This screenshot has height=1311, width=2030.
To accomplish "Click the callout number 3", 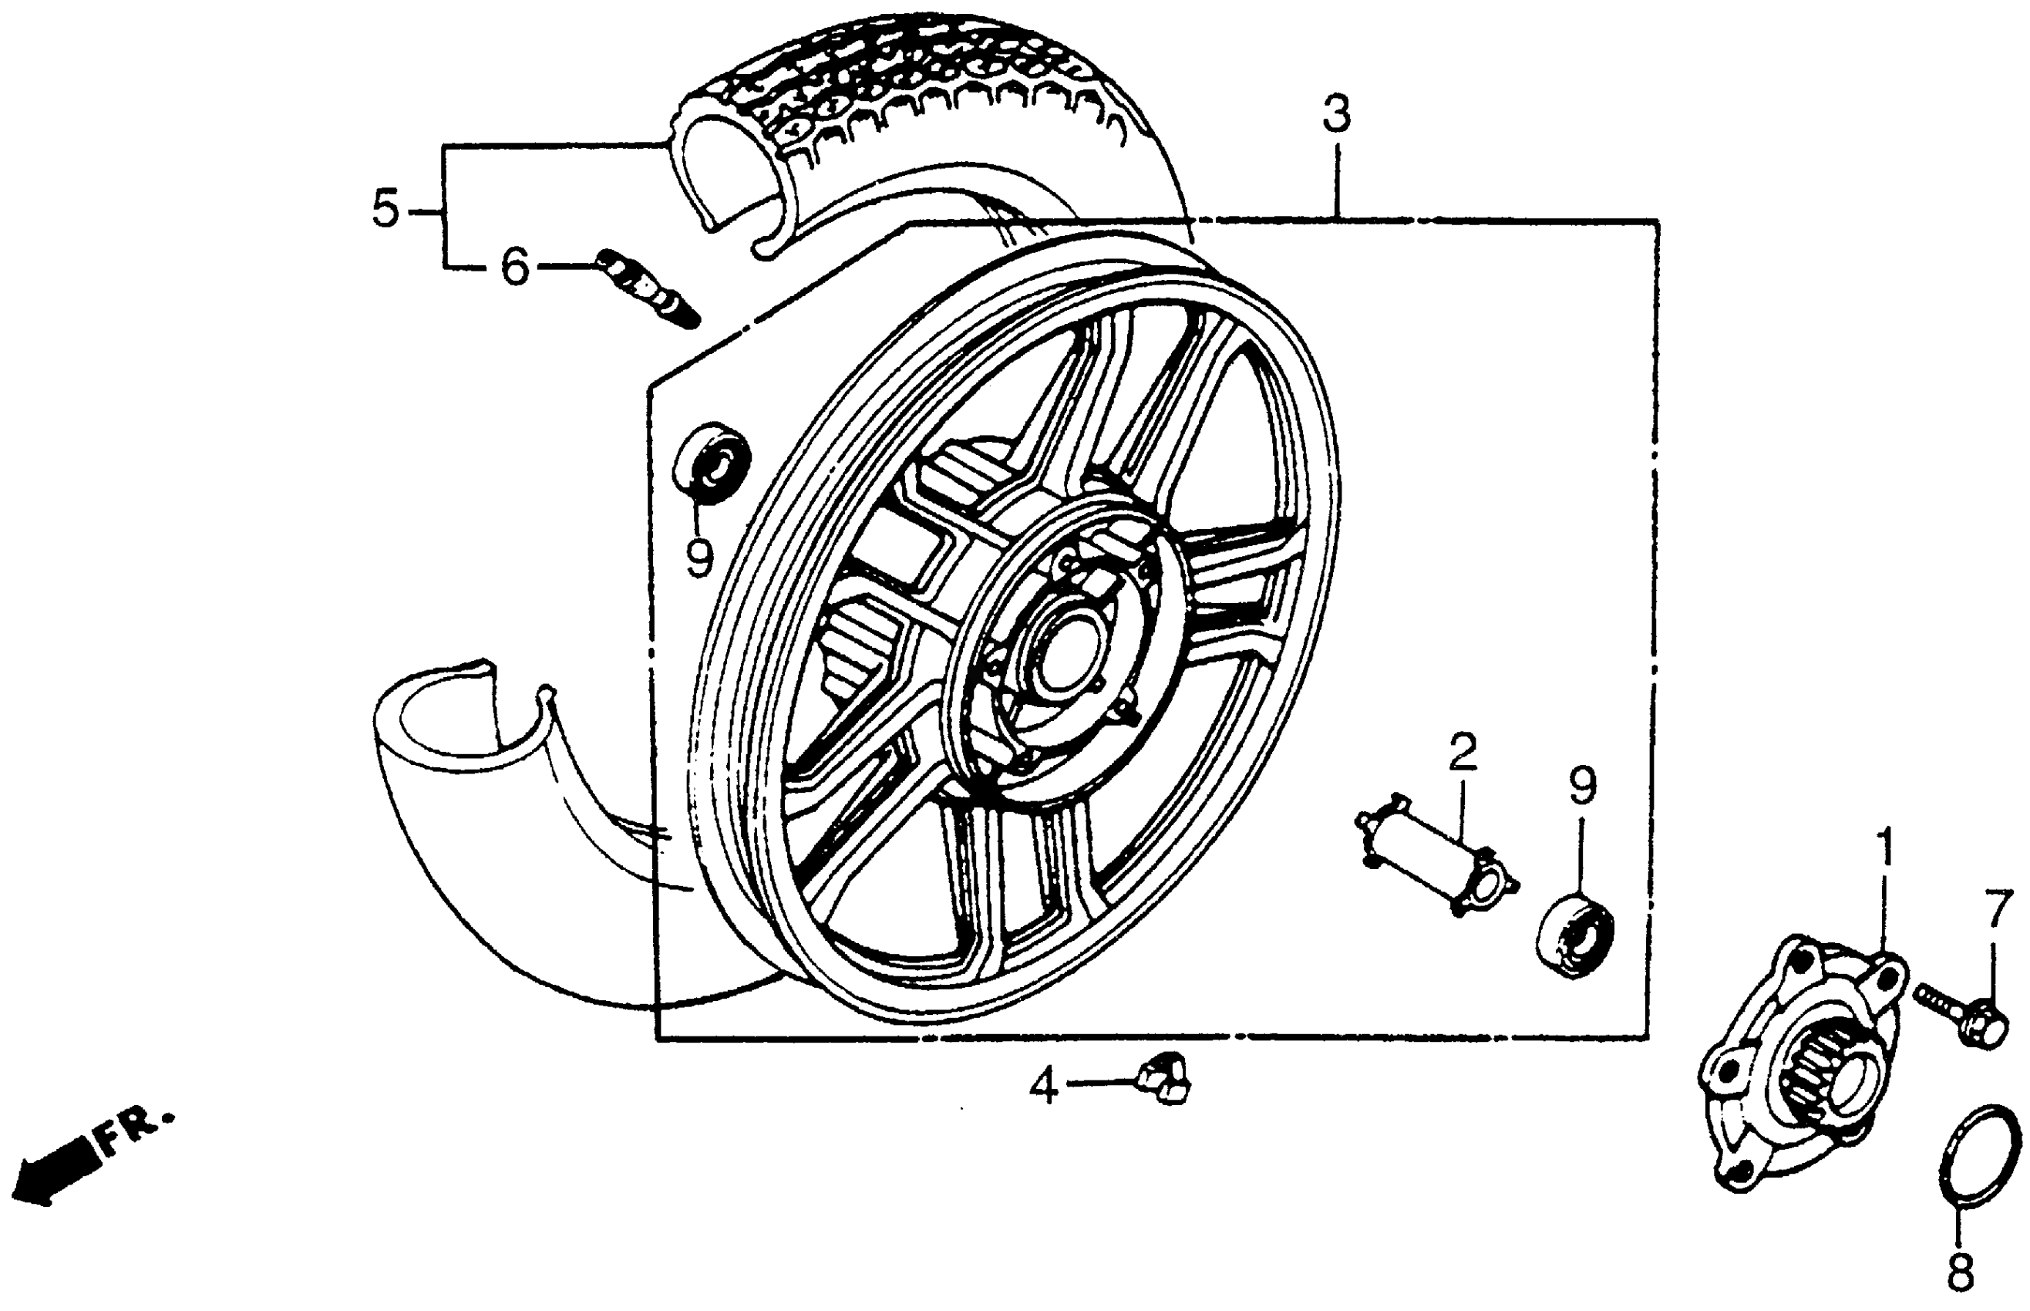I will click(1335, 116).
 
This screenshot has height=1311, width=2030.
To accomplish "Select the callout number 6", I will click(515, 267).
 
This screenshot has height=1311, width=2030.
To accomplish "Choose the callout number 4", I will click(1043, 1087).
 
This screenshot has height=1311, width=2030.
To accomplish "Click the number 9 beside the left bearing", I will click(699, 558).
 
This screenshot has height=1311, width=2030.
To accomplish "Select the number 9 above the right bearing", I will click(1583, 787).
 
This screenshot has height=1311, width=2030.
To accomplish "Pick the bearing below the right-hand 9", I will click(1575, 935).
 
